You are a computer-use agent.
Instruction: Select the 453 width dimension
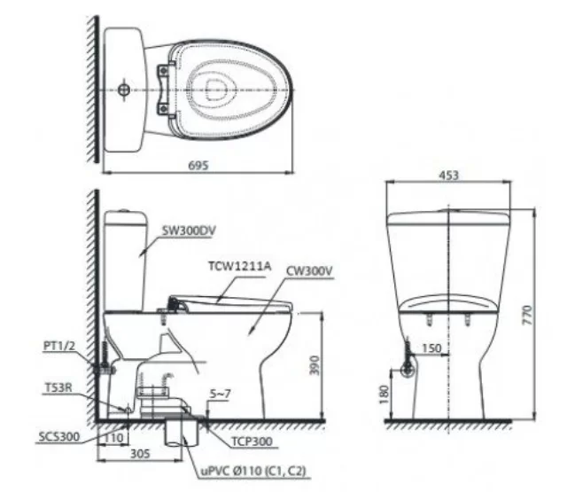tap(448, 176)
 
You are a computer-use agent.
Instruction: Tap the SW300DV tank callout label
tap(189, 230)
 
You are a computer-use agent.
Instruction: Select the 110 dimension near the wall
tap(113, 438)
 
